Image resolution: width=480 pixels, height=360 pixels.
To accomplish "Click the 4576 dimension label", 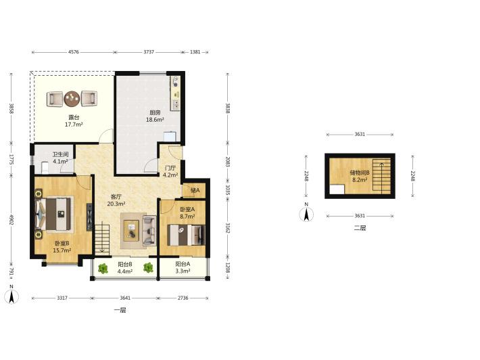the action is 74,52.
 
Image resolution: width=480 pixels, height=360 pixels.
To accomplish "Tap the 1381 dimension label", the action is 195,52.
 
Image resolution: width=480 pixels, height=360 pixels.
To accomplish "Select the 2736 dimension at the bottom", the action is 183,298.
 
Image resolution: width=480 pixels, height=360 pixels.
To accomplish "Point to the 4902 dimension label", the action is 11,219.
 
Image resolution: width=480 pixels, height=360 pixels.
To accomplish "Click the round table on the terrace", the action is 72,98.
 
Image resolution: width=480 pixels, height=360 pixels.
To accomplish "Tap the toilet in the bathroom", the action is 45,168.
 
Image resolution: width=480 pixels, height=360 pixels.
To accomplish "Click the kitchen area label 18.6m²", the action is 155,120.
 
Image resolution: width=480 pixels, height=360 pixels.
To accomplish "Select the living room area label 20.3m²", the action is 116,204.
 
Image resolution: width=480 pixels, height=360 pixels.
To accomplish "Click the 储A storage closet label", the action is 195,190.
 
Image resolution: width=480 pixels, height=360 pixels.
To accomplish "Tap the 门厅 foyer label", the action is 170,168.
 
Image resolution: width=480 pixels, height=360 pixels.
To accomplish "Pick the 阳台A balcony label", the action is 183,264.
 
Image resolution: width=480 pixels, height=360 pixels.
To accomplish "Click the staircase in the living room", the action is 102,240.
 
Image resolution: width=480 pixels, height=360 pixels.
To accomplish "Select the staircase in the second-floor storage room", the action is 382,176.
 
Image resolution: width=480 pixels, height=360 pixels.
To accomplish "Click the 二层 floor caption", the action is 360,228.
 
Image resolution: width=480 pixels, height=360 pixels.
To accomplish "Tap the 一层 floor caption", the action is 120,310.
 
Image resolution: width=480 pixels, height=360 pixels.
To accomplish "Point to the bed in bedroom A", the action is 186,235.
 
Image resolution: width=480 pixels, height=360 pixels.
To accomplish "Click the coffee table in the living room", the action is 131,229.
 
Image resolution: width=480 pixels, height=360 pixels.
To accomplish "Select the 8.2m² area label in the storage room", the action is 360,180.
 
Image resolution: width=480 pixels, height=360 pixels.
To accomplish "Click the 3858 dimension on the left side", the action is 11,108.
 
